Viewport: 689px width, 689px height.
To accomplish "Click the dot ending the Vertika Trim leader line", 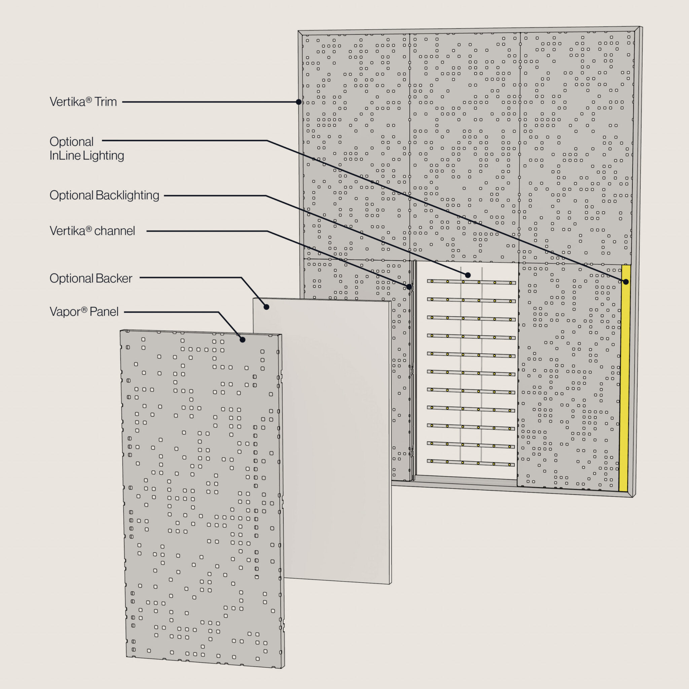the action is pos(299,102).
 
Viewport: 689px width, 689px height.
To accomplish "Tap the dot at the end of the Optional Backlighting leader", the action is pos(468,275).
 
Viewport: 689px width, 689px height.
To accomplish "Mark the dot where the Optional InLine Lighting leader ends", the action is pos(626,282).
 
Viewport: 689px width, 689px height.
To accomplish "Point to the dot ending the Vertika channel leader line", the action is pos(409,287).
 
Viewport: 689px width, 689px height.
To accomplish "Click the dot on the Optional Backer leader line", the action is pos(266,307).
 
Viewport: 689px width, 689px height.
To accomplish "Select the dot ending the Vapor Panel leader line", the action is pos(243,340).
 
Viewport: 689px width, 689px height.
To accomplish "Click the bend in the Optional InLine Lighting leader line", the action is pos(267,141).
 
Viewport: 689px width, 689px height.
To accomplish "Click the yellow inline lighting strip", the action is pos(624,378).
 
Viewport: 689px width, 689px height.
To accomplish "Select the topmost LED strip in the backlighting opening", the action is pos(471,282).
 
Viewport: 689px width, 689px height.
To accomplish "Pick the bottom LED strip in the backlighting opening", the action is pos(471,463).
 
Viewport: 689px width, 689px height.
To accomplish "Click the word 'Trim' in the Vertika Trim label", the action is pos(105,102).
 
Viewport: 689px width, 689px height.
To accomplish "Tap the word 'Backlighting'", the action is pos(127,195).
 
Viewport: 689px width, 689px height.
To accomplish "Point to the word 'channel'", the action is pos(114,231).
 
